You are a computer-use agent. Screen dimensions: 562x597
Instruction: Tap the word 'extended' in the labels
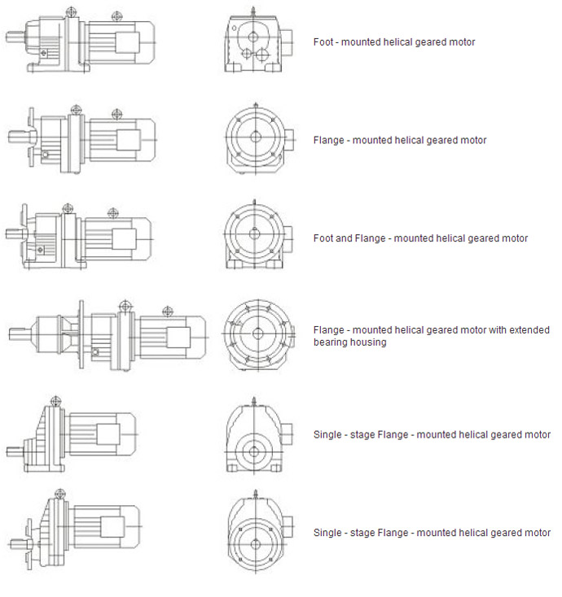click(x=529, y=329)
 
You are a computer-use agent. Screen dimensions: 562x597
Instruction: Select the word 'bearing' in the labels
click(x=329, y=342)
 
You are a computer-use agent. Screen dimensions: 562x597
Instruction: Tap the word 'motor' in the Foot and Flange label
click(x=515, y=238)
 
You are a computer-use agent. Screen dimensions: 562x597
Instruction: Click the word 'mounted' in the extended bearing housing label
click(x=370, y=329)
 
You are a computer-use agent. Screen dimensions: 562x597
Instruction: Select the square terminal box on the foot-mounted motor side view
click(x=127, y=42)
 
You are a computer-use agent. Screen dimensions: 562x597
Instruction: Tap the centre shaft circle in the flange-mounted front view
click(x=256, y=137)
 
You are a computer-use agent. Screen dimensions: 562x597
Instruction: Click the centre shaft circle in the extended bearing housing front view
click(x=258, y=334)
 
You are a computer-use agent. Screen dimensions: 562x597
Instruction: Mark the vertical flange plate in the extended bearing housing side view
click(x=81, y=334)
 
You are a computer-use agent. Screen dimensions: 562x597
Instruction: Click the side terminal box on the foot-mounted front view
click(x=287, y=42)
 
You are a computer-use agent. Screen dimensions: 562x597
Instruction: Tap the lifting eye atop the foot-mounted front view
click(x=252, y=11)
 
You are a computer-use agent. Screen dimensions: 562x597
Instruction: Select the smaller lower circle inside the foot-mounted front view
click(x=247, y=54)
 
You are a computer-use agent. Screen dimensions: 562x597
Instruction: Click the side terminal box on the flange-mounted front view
click(x=289, y=140)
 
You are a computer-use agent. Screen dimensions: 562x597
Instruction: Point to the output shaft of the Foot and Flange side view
click(x=16, y=233)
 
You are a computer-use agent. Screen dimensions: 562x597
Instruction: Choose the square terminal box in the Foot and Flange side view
click(x=124, y=239)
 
